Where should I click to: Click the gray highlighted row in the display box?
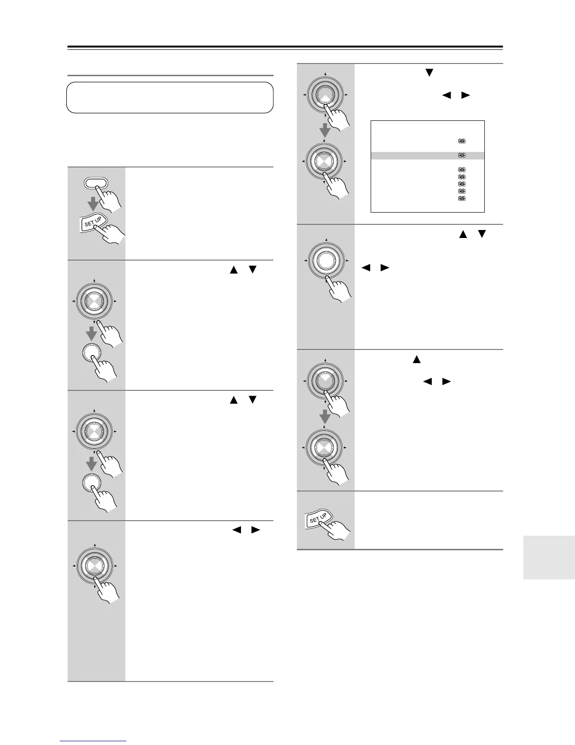[x=427, y=156]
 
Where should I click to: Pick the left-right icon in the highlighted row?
[x=462, y=156]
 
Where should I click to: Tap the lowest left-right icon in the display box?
[x=462, y=199]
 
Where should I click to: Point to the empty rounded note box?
[x=170, y=97]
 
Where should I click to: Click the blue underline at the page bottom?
[x=93, y=741]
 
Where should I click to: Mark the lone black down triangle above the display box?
[x=428, y=72]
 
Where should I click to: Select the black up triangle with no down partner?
[x=416, y=360]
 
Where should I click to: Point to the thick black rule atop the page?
[x=285, y=47]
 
